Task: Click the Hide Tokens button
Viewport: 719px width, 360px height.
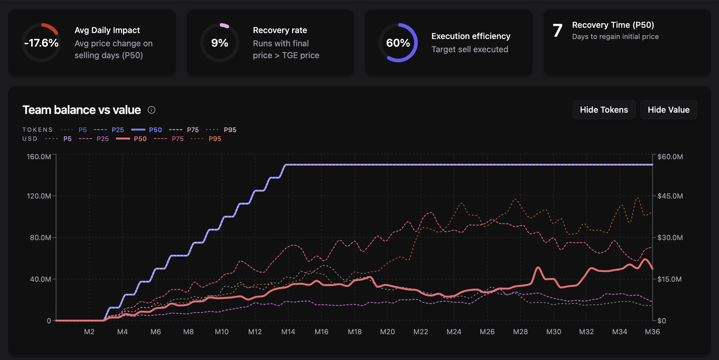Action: (604, 110)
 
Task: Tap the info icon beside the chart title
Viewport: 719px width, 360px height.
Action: (151, 110)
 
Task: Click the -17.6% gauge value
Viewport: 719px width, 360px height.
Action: (41, 43)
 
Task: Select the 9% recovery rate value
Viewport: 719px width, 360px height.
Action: (219, 43)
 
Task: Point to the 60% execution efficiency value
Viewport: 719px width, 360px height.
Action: (398, 43)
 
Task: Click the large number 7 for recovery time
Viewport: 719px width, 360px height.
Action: (557, 31)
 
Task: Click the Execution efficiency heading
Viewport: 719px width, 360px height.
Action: (470, 36)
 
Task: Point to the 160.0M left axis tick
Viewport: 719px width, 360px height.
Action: (39, 157)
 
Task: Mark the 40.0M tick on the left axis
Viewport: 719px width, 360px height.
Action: (40, 279)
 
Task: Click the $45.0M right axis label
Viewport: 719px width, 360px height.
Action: (670, 196)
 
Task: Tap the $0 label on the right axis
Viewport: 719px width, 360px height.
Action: (662, 321)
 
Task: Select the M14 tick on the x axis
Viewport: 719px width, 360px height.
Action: (288, 332)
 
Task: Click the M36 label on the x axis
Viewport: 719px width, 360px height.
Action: (652, 332)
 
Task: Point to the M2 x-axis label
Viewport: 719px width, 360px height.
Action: (89, 332)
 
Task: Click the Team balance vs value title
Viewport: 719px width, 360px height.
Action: (82, 110)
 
